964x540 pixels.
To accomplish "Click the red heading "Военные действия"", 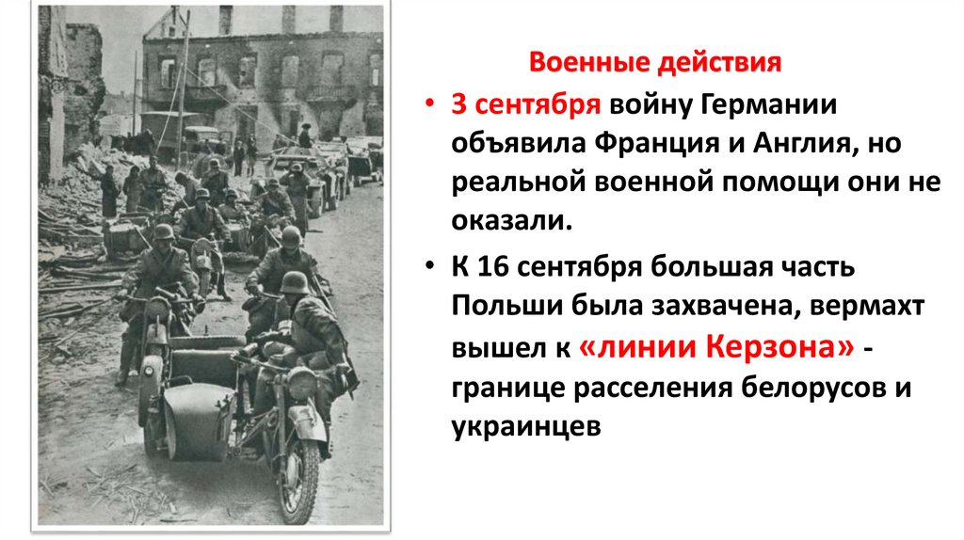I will coord(655,64).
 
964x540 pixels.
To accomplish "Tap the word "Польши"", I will coord(497,308).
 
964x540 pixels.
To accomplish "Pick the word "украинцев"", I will coord(525,428).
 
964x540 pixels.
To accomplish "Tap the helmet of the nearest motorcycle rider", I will coord(295,283).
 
